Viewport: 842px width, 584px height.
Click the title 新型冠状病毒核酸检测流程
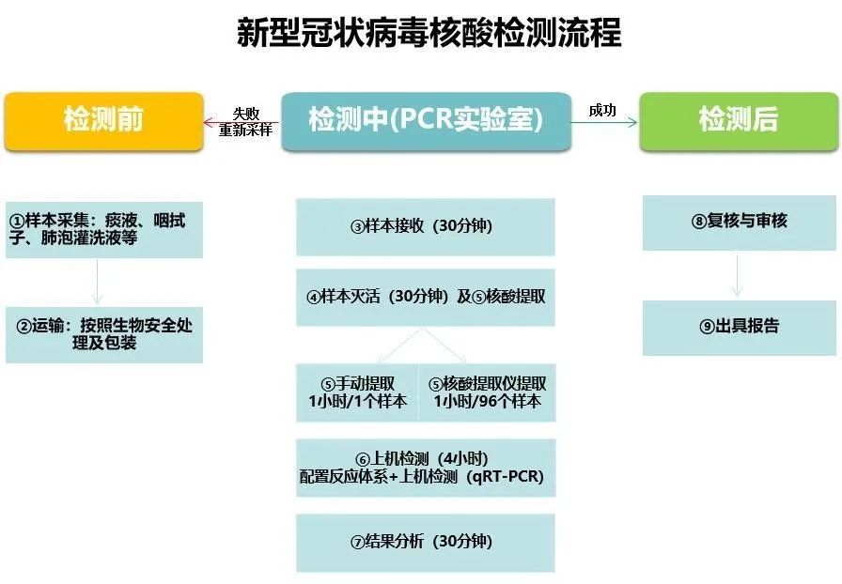point(428,33)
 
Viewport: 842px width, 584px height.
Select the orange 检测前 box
point(103,121)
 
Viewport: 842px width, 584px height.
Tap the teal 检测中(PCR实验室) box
point(426,121)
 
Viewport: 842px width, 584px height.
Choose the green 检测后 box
point(738,121)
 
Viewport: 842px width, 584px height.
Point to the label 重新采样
point(245,131)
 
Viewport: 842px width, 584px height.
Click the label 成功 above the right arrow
point(602,111)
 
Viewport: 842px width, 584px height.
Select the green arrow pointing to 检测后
point(605,122)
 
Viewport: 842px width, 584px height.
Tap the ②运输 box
point(103,334)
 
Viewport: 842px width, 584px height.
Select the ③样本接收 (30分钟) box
point(426,226)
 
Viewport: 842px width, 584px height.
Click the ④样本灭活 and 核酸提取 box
point(426,297)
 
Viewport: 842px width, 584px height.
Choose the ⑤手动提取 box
point(357,392)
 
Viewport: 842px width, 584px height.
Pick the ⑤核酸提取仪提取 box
point(487,392)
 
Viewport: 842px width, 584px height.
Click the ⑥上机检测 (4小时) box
point(426,468)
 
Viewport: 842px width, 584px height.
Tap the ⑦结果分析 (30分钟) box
point(426,542)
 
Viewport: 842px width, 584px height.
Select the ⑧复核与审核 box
point(739,222)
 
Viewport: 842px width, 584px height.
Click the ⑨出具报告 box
point(739,327)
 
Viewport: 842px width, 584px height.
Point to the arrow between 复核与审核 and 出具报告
point(739,275)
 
